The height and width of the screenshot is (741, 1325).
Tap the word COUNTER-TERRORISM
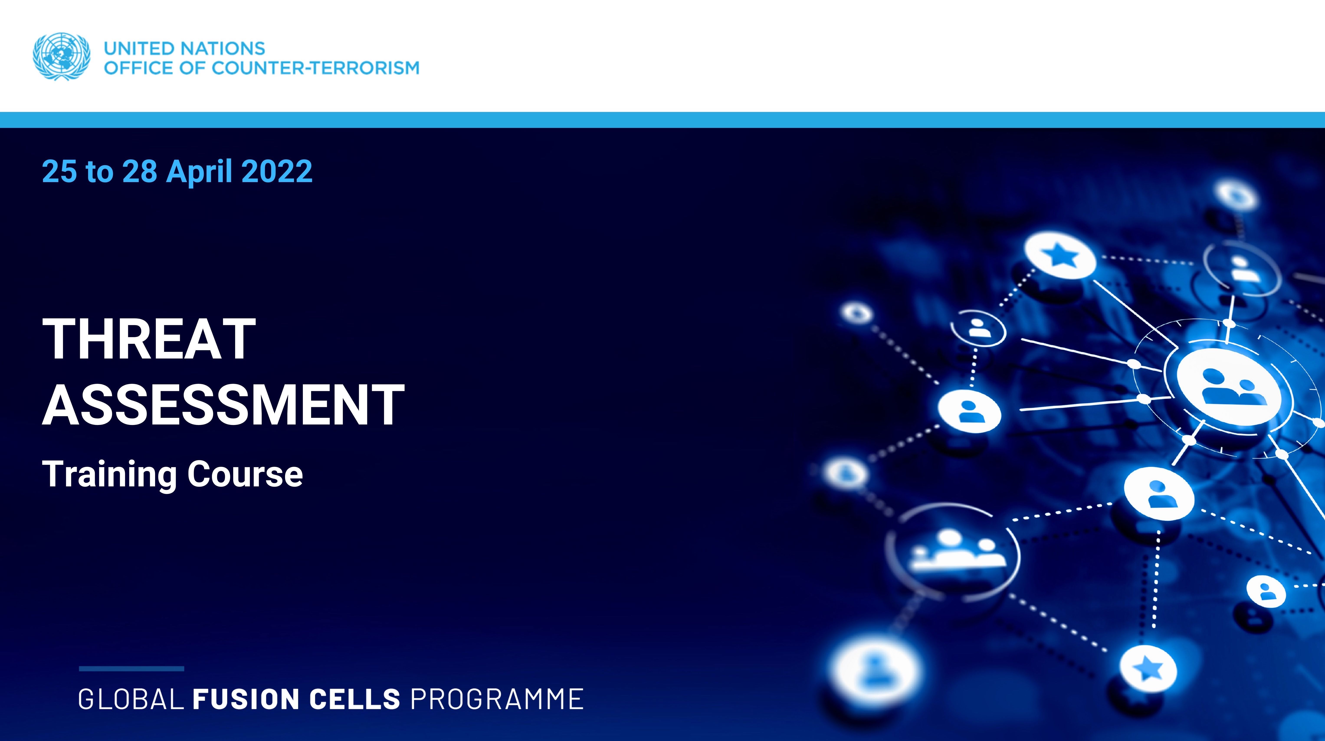(x=315, y=68)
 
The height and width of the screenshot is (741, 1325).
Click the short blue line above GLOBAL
(x=132, y=669)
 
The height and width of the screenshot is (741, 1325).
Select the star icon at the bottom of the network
(x=1148, y=669)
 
